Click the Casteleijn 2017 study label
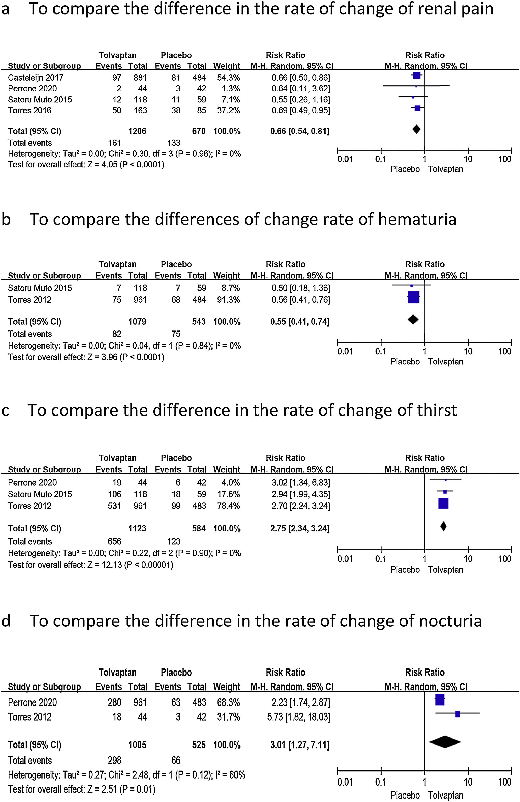point(36,78)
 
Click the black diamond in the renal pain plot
point(416,129)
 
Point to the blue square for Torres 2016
point(417,108)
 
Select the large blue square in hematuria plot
point(413,297)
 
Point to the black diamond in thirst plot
point(443,526)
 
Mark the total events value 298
point(114,761)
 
